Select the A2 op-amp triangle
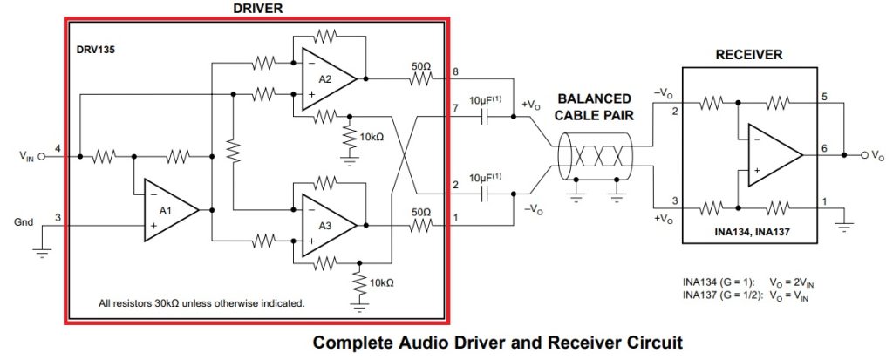[x=326, y=79]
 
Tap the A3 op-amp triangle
[x=326, y=225]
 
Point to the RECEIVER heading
[x=748, y=55]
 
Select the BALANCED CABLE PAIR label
[x=596, y=106]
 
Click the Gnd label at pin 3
[x=24, y=222]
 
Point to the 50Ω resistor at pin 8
[x=420, y=78]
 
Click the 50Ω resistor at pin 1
[x=420, y=225]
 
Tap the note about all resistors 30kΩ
[x=201, y=303]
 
